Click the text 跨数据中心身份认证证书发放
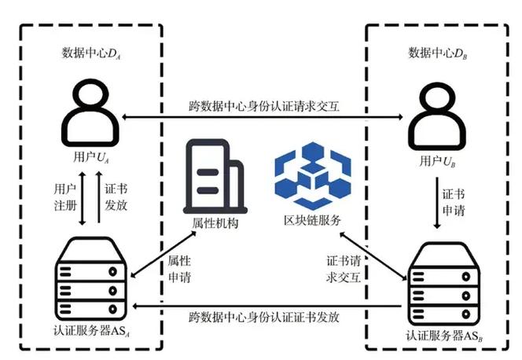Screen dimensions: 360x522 click(x=264, y=318)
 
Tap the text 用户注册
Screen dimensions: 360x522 click(x=65, y=197)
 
